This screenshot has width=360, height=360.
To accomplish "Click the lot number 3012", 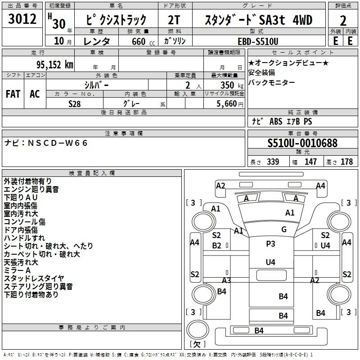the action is (22, 19).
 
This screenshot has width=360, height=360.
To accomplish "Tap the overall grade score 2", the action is (343, 21).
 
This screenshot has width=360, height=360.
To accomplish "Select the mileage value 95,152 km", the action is (54, 64).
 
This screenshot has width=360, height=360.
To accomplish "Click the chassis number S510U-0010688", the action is (302, 143).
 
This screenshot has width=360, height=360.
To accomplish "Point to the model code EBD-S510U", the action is (258, 41).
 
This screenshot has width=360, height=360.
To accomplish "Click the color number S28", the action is (75, 104).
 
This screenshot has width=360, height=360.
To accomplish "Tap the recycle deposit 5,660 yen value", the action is (230, 104).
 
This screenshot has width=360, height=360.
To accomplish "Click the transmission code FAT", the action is (13, 94).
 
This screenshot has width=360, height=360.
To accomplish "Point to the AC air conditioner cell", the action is (35, 94).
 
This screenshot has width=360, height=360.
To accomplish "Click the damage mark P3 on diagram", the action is (270, 243).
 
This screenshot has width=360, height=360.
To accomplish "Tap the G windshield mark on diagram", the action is (284, 229).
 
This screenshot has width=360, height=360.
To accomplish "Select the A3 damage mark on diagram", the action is (226, 280).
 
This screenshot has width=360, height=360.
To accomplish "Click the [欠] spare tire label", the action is (198, 344).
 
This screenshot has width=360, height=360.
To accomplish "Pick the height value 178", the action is (346, 162).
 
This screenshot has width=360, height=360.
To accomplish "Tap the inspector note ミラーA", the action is (17, 270).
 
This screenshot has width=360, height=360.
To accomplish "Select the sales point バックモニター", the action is (271, 82).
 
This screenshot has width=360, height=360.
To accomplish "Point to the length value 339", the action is (273, 162).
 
